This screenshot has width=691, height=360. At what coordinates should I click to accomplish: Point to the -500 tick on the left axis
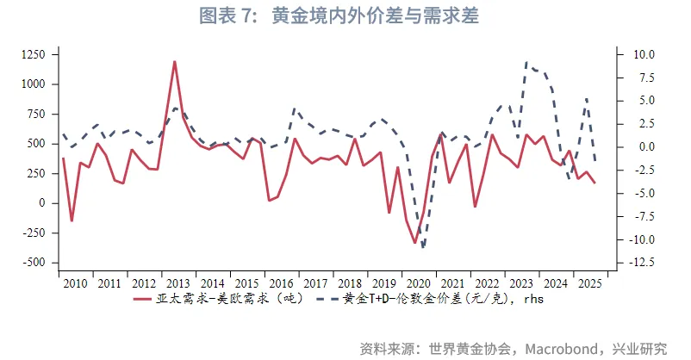click(34, 263)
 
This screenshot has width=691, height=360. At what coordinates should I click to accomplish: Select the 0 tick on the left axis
click(42, 203)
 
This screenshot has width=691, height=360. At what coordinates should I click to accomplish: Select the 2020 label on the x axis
click(417, 283)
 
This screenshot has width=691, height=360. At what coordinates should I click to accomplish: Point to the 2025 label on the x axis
click(590, 283)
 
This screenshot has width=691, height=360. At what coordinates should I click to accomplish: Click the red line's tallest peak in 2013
click(175, 61)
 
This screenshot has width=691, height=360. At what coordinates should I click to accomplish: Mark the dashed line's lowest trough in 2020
click(423, 247)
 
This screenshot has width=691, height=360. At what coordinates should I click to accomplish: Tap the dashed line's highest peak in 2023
click(526, 63)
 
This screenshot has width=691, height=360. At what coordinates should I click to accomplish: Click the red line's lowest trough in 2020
click(414, 243)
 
